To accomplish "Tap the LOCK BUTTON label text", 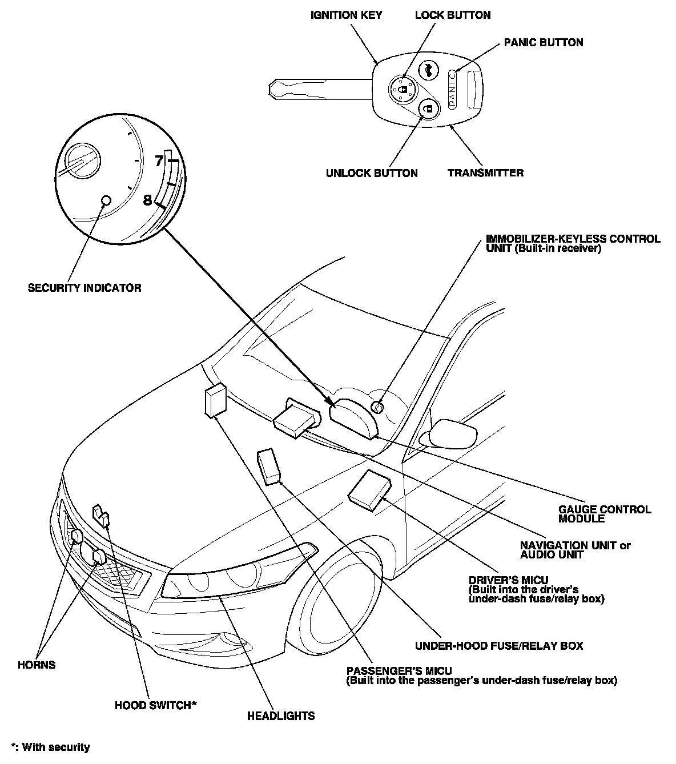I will coord(452,15).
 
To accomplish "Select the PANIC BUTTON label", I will coord(543,42).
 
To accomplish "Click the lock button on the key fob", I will coord(403,89).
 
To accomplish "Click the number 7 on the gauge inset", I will coord(159,162).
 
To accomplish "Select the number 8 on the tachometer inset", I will coord(147,200).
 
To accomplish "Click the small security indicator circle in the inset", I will coord(106,200).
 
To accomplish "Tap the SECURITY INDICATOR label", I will coord(84,288).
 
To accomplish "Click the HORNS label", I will coord(37,665).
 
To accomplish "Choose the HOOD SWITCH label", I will coord(155,705).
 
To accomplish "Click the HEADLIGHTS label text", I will coord(281,715).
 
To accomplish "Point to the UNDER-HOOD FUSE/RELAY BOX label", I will coord(499,646).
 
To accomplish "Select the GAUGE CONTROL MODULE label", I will coord(604,514).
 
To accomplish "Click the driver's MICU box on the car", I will coord(371,490).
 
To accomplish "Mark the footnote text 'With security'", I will coord(55,747).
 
